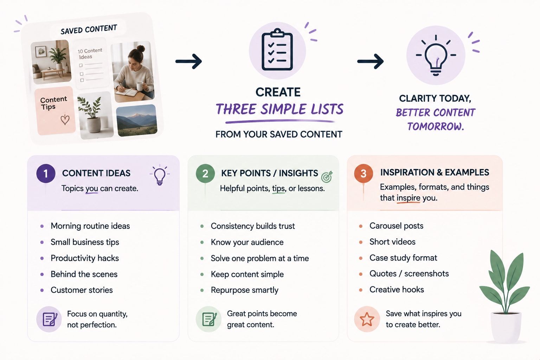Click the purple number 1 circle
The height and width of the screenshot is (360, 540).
[46, 173]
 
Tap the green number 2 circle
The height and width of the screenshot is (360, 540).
[205, 173]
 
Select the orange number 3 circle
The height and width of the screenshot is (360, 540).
[364, 173]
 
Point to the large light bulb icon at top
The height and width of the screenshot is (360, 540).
[436, 56]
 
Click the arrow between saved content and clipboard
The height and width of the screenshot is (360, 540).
[188, 61]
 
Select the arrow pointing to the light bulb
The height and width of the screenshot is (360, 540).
[370, 61]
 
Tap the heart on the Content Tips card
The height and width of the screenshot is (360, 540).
[65, 120]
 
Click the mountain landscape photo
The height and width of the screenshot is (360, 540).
[137, 120]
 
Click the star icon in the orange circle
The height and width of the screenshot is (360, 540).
[367, 319]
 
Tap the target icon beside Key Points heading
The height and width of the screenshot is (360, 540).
[327, 177]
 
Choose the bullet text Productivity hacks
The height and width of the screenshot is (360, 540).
[85, 258]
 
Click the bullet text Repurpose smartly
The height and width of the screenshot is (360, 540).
[244, 290]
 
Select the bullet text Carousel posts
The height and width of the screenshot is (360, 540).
[396, 226]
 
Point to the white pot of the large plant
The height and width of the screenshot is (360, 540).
[506, 327]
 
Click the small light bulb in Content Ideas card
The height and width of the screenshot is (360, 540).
[160, 175]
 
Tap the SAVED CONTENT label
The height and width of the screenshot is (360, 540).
[89, 30]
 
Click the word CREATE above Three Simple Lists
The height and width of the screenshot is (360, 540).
[278, 92]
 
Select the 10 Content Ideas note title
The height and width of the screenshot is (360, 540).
[89, 53]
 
